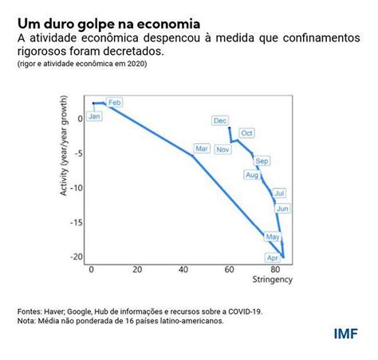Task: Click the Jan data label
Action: (x=95, y=116)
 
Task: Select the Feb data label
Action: (x=115, y=103)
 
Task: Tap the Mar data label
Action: (x=202, y=149)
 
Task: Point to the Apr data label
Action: (x=273, y=258)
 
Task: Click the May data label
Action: (x=273, y=237)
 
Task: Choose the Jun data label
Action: (x=282, y=209)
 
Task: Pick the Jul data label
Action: (x=279, y=193)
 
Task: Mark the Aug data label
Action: (x=253, y=175)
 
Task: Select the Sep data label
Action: (x=262, y=161)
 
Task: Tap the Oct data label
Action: (x=246, y=133)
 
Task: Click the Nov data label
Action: (x=222, y=150)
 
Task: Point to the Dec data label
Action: (x=219, y=120)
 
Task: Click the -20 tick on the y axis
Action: (x=77, y=256)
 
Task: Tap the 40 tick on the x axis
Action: (x=183, y=269)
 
